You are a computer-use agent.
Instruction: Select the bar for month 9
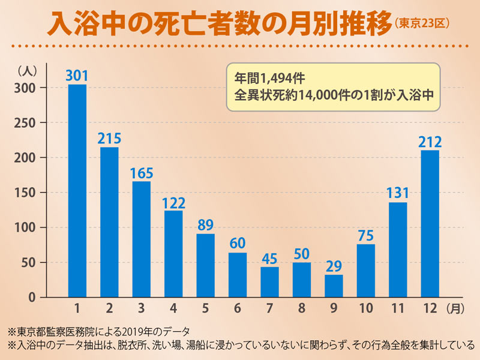pyautogui.click(x=334, y=286)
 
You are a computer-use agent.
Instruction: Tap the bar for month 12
pyautogui.click(x=430, y=223)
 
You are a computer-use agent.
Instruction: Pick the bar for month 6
pyautogui.click(x=238, y=275)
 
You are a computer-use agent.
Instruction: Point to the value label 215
pyautogui.click(x=109, y=138)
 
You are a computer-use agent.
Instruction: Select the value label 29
pyautogui.click(x=334, y=265)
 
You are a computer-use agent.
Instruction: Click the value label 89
pyautogui.click(x=206, y=224)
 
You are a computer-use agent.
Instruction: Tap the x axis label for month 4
pyautogui.click(x=173, y=308)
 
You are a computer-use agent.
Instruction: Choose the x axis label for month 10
pyautogui.click(x=365, y=308)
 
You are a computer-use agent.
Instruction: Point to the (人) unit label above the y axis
pyautogui.click(x=28, y=70)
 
